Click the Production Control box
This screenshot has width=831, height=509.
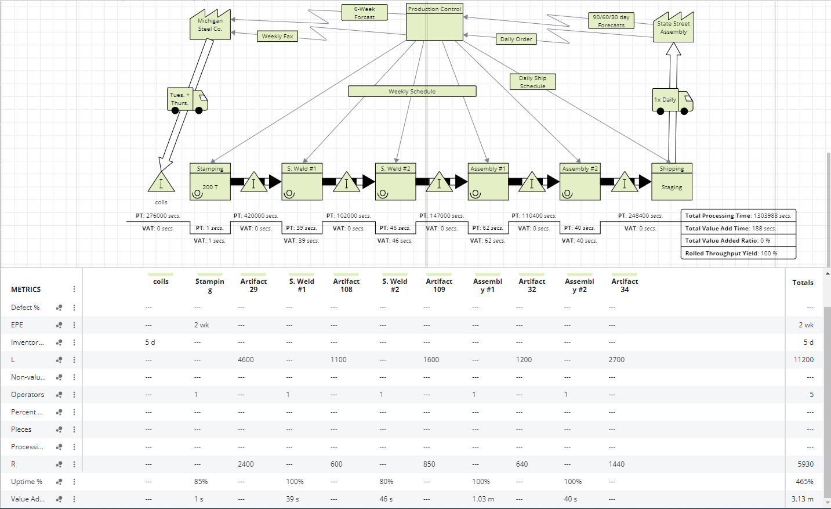pos(434,23)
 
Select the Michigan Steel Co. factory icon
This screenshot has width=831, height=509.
pos(209,26)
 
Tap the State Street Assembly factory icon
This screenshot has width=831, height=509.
pos(673,28)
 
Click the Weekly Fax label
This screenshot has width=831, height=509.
pos(277,37)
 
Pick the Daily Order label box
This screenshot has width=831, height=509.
pos(516,39)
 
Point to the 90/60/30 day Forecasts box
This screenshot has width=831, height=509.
pos(611,21)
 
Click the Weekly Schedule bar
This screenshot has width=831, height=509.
pos(412,91)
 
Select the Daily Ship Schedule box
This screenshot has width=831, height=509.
pos(532,82)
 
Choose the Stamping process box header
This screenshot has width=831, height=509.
pos(210,168)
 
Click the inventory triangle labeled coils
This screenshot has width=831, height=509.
pos(161,183)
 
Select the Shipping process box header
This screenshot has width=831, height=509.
pos(672,168)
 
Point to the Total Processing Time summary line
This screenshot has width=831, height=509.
pos(738,215)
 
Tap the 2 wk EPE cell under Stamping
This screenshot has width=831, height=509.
pos(201,325)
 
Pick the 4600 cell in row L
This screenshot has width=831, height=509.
pos(246,360)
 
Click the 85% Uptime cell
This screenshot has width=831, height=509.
pos(201,482)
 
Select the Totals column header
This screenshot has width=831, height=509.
pos(803,283)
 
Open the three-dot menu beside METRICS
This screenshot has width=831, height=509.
pos(74,289)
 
